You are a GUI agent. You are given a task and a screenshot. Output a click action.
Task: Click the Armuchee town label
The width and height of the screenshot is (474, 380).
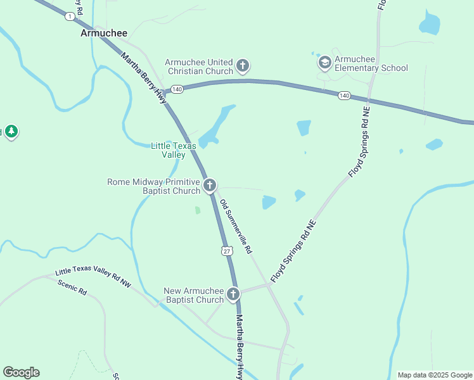[104, 33]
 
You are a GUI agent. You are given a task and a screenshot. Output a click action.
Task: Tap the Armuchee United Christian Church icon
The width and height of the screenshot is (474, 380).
[242, 65]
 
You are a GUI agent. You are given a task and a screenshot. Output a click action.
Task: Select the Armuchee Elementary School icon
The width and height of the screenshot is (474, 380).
[325, 62]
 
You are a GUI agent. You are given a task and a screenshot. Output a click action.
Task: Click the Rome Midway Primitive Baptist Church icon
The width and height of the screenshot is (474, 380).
[210, 186]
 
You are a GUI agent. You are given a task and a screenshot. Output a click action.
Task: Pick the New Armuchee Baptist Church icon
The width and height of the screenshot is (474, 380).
[233, 294]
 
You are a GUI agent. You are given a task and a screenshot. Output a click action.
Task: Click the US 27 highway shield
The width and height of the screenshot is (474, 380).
[227, 251]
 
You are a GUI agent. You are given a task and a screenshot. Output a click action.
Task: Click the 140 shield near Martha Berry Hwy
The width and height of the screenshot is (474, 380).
[177, 90]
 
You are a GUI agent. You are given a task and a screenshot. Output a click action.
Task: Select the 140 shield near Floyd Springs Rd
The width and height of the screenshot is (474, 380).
[343, 96]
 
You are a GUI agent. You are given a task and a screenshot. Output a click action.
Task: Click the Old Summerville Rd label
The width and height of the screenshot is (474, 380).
[236, 227]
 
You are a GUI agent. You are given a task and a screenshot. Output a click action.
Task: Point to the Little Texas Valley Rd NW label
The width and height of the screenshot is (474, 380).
[93, 277]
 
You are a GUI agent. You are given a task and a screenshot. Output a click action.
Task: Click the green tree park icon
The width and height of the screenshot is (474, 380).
[11, 132]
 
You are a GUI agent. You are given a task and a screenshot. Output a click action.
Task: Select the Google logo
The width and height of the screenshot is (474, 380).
[21, 372]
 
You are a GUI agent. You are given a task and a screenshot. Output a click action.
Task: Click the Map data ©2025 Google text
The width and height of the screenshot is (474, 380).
[435, 375]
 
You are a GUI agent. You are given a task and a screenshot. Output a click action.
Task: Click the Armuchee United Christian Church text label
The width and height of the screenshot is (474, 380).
[199, 66]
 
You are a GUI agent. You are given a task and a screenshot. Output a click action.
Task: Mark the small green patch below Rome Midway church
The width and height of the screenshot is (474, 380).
[197, 210]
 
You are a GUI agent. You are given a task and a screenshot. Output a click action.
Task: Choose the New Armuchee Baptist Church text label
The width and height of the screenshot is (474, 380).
[194, 295]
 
